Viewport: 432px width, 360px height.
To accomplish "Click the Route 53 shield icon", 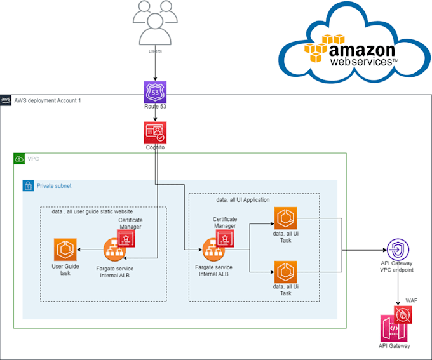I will pos(155,92).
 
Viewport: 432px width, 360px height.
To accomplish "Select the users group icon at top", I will pos(155,22).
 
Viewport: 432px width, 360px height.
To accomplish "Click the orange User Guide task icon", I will pos(65,248).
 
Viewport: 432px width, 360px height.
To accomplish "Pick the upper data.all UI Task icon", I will pos(285,218).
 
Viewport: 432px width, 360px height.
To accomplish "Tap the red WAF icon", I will pos(403,313).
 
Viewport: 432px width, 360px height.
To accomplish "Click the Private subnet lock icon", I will pos(28,186).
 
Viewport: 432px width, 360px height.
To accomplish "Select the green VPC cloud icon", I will pos(19,158).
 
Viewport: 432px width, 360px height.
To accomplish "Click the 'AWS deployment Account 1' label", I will pos(48,101).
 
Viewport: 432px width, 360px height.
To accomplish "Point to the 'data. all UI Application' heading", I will pos(243,199).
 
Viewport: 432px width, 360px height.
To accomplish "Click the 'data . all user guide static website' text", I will pos(92,211).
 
